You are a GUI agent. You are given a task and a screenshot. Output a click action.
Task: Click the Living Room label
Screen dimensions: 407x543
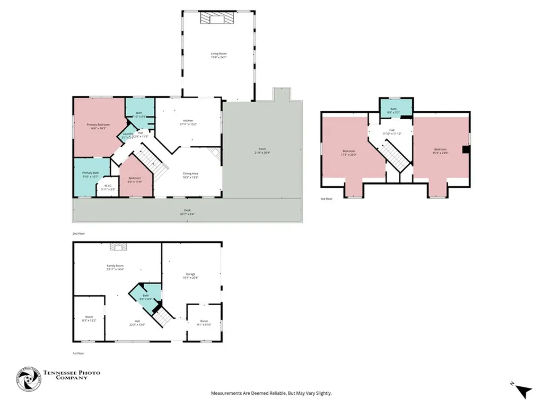point(219,54)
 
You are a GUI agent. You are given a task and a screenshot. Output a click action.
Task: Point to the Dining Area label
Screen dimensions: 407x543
point(190,174)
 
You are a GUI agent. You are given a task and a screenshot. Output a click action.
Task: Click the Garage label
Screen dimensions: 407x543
point(190,274)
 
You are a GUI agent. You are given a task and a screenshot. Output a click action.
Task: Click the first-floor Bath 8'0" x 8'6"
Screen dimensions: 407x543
point(145,297)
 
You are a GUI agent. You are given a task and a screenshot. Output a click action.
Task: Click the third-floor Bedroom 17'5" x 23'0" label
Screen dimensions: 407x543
point(349,152)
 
